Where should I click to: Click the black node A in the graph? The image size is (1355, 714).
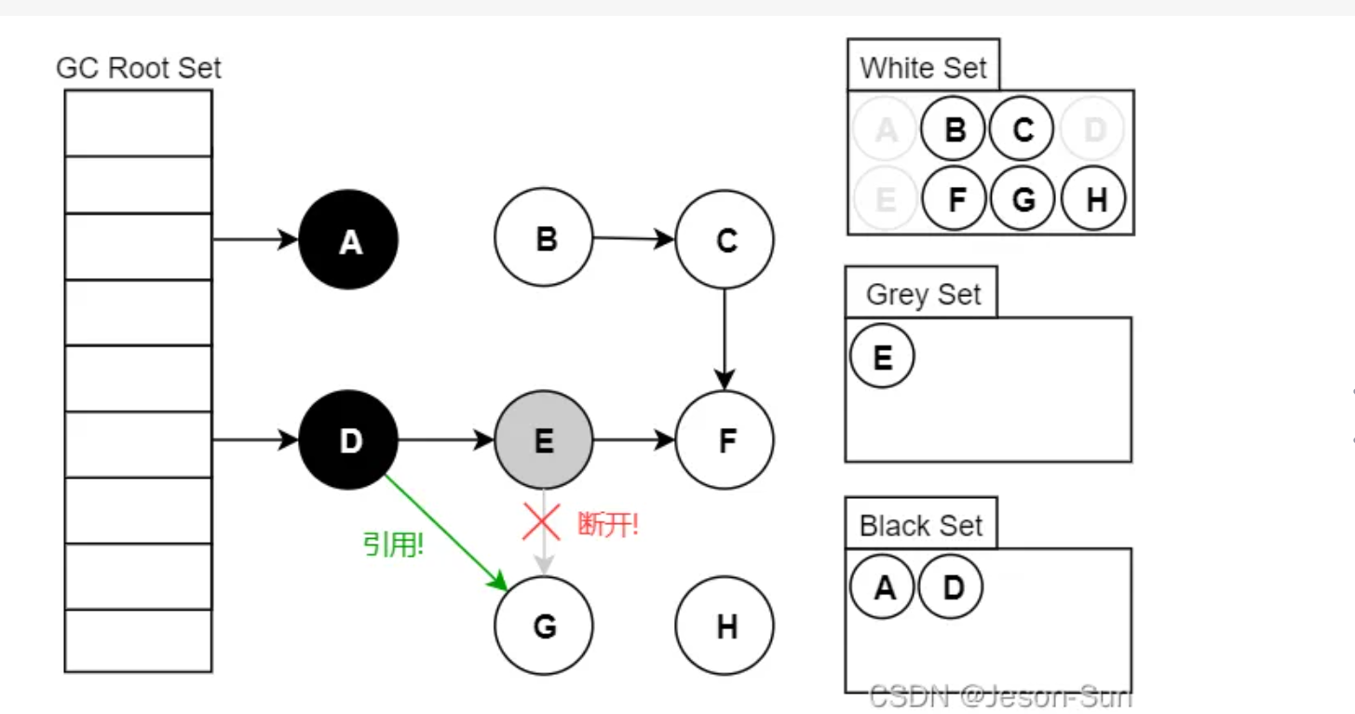348,240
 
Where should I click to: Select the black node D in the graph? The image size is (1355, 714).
348,439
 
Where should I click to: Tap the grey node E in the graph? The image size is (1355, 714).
544,439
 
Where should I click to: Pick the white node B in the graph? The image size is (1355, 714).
544,238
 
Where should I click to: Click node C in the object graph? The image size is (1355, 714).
725,240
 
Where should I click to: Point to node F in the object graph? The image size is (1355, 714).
725,439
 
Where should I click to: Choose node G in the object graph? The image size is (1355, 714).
544,626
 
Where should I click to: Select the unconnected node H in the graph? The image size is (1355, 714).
725,626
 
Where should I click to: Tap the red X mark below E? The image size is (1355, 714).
541,522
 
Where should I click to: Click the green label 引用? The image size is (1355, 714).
393,545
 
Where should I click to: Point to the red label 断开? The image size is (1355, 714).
608,524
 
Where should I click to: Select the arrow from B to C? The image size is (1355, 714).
633,238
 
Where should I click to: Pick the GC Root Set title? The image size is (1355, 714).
139,68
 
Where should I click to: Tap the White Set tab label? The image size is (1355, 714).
923,68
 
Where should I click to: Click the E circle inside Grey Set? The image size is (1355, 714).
882,357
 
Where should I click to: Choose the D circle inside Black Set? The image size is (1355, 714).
951,587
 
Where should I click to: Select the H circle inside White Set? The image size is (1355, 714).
1093,197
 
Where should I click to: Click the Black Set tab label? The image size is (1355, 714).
920,526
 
